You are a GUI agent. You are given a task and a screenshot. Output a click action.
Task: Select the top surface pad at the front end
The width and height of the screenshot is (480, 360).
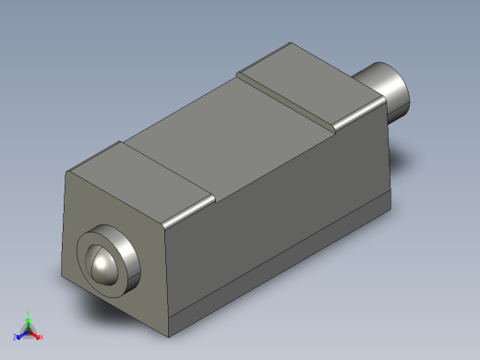tap(138, 181)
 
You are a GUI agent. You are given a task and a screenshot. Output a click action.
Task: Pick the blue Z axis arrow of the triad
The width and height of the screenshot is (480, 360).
tap(21, 333)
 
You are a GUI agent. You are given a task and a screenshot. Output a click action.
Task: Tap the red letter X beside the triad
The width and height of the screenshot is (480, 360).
tap(42, 337)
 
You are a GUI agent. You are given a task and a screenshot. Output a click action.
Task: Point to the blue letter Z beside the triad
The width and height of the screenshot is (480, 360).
tap(15, 337)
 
